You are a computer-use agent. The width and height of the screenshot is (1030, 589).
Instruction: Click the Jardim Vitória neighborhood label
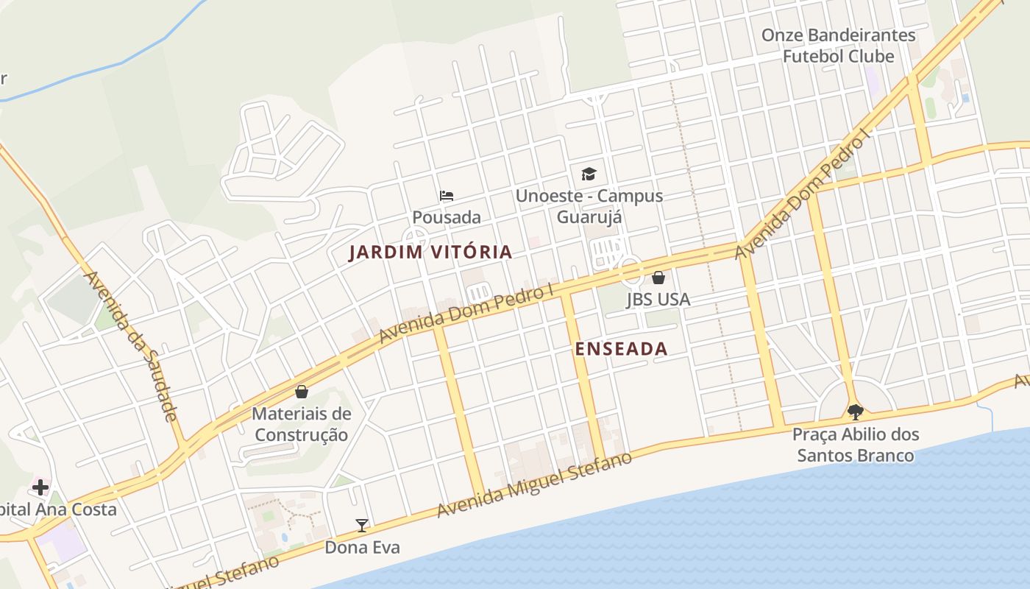[430, 252]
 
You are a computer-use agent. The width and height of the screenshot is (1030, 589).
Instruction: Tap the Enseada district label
[621, 349]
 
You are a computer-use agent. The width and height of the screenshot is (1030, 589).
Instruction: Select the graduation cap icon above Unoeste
[589, 174]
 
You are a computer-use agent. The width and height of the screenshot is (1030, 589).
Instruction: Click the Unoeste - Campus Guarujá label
[589, 206]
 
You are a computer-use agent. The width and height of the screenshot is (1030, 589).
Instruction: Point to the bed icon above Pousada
[447, 196]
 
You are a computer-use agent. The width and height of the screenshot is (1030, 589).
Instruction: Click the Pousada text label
[447, 217]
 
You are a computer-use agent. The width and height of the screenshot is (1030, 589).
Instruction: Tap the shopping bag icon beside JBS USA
[658, 278]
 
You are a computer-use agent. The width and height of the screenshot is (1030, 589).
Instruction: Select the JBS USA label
[658, 299]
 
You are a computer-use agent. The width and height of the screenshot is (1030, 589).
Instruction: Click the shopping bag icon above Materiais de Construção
[302, 392]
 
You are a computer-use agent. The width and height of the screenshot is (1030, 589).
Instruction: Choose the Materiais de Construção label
[302, 424]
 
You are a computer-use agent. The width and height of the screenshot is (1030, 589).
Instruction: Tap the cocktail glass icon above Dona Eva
[362, 526]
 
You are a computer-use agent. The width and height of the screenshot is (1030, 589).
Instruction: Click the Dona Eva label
[362, 547]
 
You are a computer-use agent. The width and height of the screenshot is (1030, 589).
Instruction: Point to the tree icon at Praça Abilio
[855, 412]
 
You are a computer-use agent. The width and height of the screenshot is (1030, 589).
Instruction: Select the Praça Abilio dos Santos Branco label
[856, 445]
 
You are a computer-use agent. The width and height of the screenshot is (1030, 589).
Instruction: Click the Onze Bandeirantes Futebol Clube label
[838, 46]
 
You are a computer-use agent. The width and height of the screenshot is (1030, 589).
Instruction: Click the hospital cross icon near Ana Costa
[40, 487]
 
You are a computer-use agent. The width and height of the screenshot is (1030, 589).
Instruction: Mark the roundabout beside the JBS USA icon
[631, 270]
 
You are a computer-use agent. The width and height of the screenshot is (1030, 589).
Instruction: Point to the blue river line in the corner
[110, 66]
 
